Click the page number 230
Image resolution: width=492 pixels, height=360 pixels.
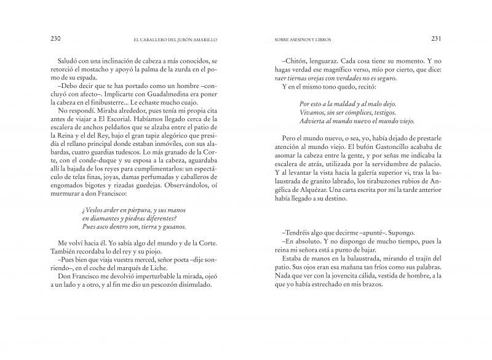click(x=56, y=38)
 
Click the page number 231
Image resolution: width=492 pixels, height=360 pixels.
click(x=435, y=38)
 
